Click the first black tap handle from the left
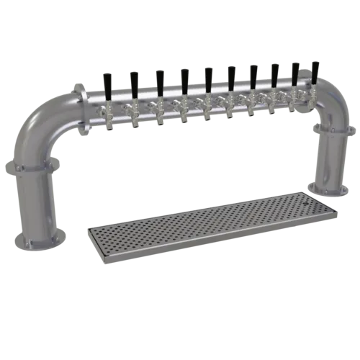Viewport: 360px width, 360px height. [108, 80]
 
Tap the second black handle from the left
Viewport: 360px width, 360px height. [133, 79]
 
